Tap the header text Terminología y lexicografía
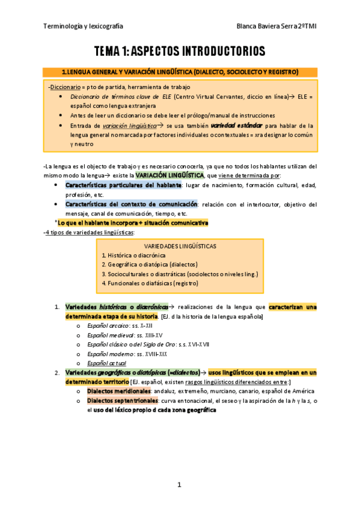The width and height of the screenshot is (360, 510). coord(84,26)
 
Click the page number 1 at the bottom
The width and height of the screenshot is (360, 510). coord(179,484)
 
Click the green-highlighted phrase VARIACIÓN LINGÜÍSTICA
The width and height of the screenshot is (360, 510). coord(169,175)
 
